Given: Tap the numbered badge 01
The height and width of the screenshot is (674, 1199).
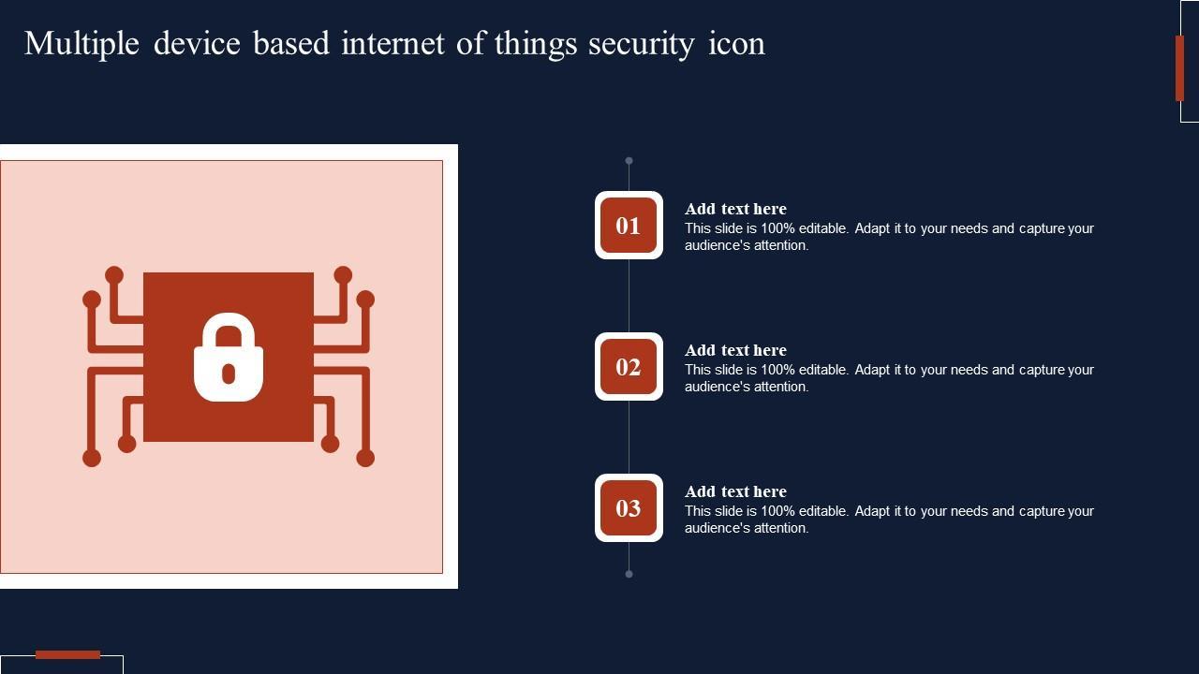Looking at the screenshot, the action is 629,226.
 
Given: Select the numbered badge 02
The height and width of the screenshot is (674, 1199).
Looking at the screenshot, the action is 629,367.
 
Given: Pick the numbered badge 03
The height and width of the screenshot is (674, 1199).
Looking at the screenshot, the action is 629,508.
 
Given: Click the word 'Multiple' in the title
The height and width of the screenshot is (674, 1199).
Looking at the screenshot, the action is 81,44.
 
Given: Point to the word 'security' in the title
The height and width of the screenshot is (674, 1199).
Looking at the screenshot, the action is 641,44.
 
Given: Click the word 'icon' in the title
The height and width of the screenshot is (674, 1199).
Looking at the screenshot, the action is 736,44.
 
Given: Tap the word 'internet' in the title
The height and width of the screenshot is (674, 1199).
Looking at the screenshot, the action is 393,44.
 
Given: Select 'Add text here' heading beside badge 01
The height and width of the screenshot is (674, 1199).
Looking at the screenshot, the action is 735,209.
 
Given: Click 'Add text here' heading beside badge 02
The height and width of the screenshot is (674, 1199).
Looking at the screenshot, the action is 735,350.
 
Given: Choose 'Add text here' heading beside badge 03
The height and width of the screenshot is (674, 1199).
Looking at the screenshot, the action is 735,491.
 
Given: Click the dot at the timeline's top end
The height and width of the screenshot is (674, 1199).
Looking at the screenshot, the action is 629,161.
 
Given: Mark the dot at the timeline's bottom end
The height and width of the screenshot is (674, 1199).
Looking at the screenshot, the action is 629,574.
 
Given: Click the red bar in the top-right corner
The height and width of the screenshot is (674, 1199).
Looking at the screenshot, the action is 1179,67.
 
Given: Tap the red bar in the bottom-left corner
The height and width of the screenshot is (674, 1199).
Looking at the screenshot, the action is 67,654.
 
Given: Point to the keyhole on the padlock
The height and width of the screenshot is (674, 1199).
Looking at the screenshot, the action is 229,374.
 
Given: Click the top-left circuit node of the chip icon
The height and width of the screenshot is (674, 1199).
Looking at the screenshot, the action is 113,275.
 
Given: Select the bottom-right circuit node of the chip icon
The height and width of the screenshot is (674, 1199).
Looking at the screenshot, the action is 365,458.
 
